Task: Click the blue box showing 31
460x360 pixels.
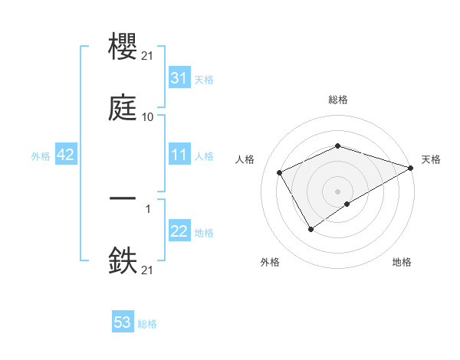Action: click(x=179, y=77)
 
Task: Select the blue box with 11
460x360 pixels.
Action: click(x=179, y=155)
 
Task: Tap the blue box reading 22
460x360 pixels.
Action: click(x=179, y=232)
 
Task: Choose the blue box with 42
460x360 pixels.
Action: click(x=66, y=155)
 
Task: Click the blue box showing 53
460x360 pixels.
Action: click(x=123, y=322)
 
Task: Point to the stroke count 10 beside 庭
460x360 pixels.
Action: click(x=148, y=116)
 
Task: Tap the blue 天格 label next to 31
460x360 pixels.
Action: click(x=204, y=79)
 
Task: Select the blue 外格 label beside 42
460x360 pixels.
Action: click(x=41, y=155)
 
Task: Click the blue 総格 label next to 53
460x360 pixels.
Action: click(x=147, y=324)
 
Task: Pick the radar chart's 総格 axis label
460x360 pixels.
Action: click(x=337, y=100)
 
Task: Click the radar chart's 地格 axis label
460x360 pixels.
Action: click(x=402, y=262)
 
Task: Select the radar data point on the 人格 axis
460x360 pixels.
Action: click(x=280, y=172)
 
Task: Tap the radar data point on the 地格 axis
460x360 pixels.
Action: click(x=348, y=204)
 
